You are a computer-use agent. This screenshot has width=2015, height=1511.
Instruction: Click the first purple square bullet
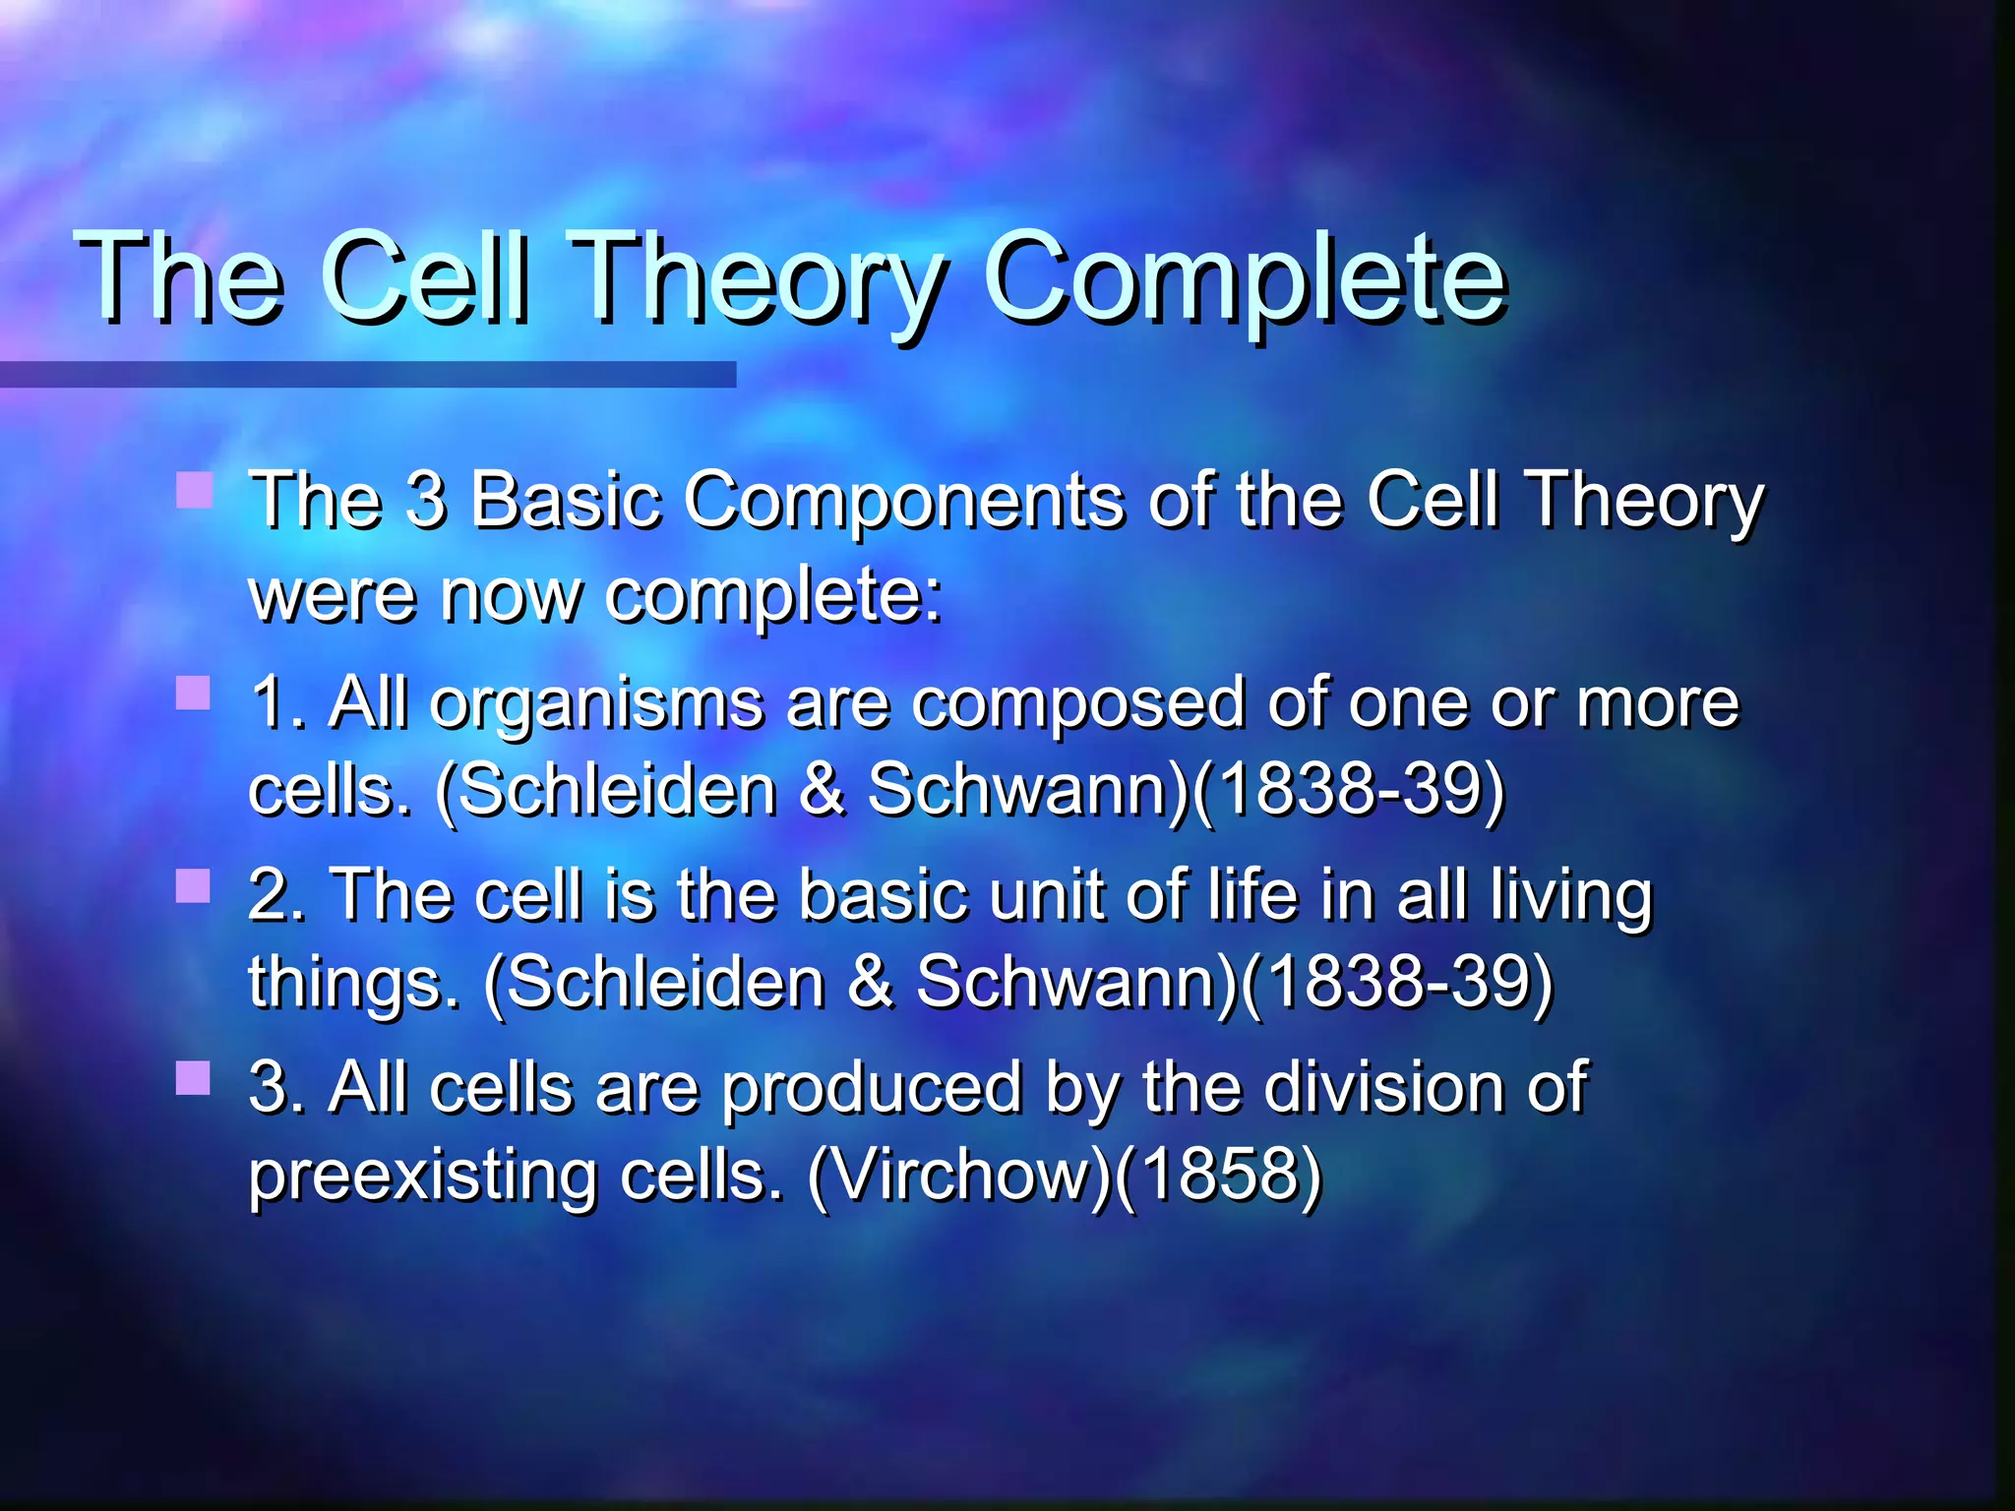pos(194,490)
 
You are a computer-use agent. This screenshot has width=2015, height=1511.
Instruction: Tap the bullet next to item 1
pos(194,693)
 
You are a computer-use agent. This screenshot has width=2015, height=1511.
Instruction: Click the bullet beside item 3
pos(194,1078)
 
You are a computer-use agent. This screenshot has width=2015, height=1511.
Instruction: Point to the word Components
pos(902,500)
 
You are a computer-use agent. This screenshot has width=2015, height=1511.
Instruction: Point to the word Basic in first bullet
pos(565,500)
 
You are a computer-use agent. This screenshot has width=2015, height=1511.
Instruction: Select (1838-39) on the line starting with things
pos(1396,983)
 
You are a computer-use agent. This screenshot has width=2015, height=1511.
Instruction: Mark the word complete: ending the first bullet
pos(773,596)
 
